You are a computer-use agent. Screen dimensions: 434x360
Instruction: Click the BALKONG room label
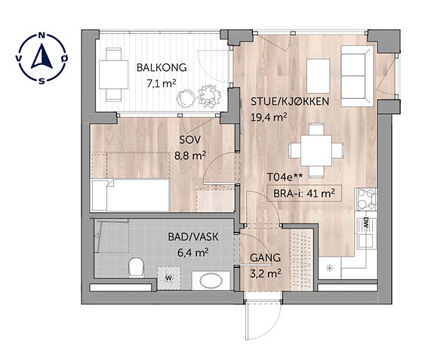[x=162, y=67]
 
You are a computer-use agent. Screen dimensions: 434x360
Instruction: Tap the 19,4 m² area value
[x=269, y=117]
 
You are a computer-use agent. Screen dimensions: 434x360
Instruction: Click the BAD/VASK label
[x=193, y=237]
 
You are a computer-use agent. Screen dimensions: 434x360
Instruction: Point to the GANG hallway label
[x=265, y=258]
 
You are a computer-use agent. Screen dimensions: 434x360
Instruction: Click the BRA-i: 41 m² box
[x=303, y=193]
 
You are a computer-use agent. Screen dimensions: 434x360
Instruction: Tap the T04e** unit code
[x=285, y=177]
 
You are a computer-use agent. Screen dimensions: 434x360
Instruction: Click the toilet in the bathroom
[x=137, y=267]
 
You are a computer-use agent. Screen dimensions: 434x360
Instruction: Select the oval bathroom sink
[x=211, y=282]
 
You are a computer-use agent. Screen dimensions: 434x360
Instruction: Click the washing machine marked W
[x=169, y=278]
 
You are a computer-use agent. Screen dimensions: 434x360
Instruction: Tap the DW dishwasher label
[x=366, y=223]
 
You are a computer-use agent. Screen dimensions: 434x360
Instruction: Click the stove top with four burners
[x=367, y=199]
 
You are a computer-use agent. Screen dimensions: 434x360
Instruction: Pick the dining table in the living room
[x=316, y=150]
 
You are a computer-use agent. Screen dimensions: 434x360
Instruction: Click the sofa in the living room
[x=357, y=75]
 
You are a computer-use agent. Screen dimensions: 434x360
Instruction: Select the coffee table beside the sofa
[x=319, y=75]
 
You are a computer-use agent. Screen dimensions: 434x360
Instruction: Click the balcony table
[x=113, y=75]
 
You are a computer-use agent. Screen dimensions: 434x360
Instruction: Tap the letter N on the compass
[x=42, y=35]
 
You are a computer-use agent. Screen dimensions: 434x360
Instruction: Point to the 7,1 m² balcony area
[x=162, y=83]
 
